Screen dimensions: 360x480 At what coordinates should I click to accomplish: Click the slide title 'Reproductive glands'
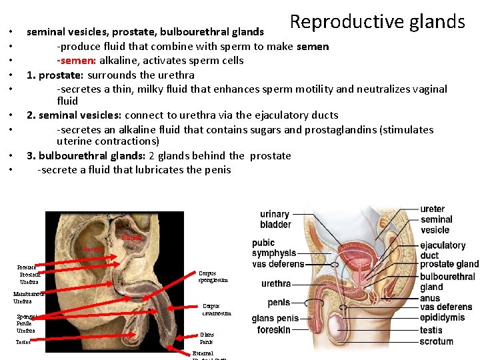pos(377,22)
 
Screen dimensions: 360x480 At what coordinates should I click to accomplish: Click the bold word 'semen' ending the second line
pos(313,47)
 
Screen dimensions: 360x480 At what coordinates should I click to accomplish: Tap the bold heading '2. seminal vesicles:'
pos(76,115)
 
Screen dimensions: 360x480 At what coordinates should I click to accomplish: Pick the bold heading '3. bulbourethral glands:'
pos(84,156)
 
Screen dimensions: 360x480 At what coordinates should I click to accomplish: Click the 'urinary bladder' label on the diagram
pos(275,219)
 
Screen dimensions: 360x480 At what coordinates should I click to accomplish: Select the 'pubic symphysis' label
pos(273,248)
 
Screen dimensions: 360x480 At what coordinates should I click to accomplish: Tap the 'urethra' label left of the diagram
pos(276,283)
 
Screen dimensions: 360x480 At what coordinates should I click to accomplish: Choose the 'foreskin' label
pos(273,330)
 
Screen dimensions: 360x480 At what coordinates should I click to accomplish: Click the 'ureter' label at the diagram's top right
pos(433,209)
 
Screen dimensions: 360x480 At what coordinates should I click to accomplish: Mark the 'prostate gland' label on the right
pos(449,265)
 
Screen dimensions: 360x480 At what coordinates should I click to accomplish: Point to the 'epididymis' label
pos(442,318)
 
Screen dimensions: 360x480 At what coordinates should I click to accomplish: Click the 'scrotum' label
pos(436,341)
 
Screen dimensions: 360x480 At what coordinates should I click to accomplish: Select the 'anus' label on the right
pos(430,298)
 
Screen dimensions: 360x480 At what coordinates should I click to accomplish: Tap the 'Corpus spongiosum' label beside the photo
pos(213,277)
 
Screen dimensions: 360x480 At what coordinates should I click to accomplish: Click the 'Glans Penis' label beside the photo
pos(207,338)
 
